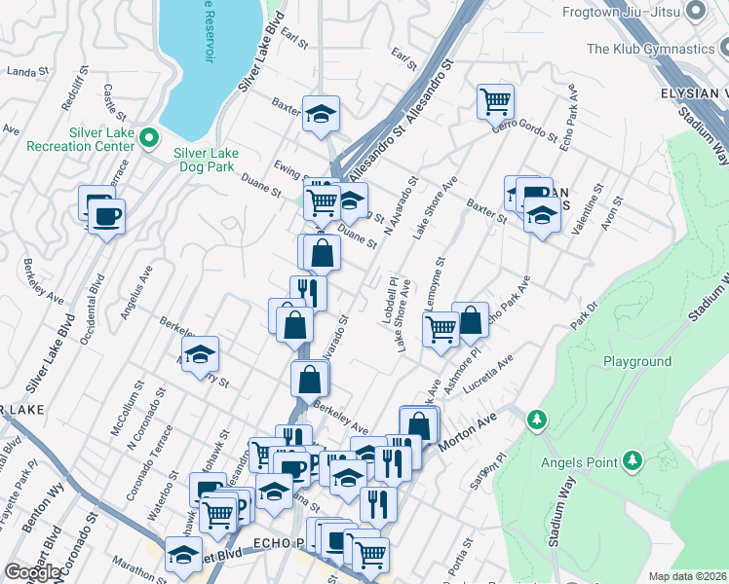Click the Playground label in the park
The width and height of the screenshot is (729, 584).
(636, 361)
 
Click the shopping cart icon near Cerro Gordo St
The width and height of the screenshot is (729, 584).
(495, 100)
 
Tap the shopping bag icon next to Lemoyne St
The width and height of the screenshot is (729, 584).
(470, 319)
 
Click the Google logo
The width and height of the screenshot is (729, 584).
(33, 572)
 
